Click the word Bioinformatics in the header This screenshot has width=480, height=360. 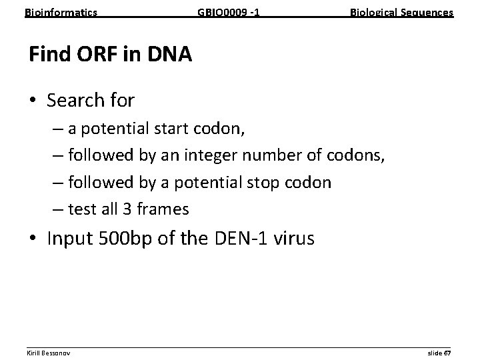point(61,12)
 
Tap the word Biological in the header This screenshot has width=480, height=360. point(373,12)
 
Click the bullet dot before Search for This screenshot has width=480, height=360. point(34,101)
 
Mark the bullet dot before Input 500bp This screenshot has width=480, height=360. point(34,239)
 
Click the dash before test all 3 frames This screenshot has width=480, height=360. point(55,209)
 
